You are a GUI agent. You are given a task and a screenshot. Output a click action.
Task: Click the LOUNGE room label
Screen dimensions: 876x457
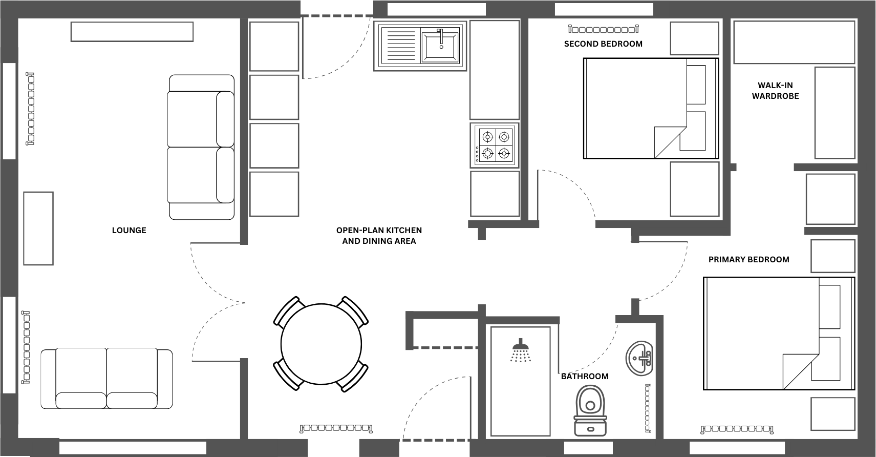(129, 231)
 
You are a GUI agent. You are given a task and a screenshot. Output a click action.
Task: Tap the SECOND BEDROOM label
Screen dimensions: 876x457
(603, 44)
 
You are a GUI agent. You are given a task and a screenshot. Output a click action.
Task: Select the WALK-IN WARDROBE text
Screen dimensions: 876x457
(775, 91)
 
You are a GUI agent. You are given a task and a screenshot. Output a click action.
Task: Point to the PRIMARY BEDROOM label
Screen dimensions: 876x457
(749, 260)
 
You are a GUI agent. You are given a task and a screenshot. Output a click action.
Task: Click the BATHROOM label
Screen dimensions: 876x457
(585, 377)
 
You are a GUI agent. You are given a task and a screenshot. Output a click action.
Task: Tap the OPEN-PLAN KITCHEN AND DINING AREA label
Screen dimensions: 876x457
(379, 236)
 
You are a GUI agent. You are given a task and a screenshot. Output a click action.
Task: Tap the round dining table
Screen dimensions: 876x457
(321, 344)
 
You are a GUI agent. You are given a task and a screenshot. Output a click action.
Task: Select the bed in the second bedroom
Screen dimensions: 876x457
(651, 108)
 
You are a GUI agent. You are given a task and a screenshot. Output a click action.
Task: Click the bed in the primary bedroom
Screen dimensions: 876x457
(778, 333)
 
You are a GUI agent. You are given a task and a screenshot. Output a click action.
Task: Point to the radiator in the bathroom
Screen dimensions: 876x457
(648, 408)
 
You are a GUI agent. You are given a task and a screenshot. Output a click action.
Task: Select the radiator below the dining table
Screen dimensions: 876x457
(336, 427)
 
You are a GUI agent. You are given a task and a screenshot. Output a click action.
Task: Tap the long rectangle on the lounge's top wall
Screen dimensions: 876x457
(132, 32)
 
